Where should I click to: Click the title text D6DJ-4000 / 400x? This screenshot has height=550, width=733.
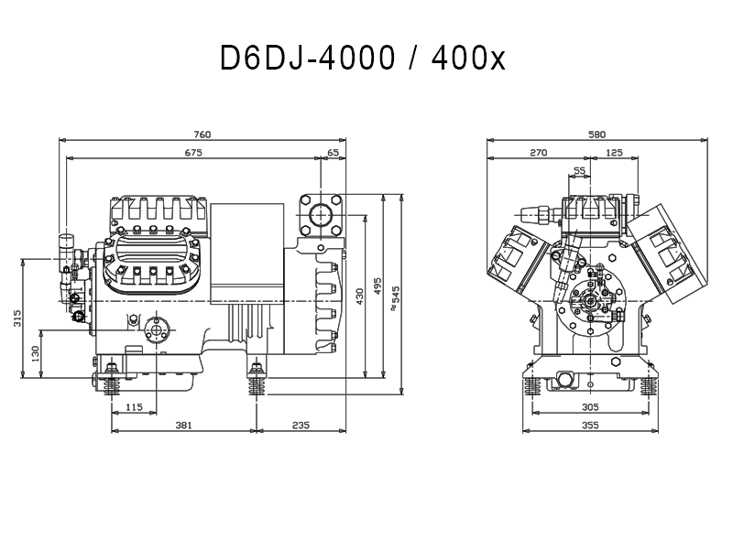[363, 59]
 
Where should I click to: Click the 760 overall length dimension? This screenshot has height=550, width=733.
[202, 135]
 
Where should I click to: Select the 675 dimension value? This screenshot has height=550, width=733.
[193, 153]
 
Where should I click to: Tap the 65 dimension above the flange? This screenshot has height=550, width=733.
[334, 153]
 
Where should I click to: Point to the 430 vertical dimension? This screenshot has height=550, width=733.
[359, 297]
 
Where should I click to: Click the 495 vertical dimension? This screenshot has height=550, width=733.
[377, 286]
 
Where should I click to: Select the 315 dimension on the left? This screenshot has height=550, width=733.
[17, 318]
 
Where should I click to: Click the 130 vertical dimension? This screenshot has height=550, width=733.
[36, 354]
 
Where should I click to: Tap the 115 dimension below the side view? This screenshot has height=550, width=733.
[134, 407]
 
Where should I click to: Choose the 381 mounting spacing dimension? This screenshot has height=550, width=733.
[184, 426]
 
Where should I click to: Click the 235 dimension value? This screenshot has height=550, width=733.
[301, 426]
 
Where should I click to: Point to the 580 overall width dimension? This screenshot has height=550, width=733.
[597, 135]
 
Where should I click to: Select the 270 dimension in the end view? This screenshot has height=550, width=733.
[539, 153]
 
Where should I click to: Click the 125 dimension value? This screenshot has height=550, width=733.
[614, 153]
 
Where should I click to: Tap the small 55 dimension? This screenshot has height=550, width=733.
[579, 171]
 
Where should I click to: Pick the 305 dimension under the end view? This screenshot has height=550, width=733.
[590, 407]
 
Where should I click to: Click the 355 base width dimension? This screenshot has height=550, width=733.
[590, 426]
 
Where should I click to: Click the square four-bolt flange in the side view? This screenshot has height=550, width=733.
[321, 215]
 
